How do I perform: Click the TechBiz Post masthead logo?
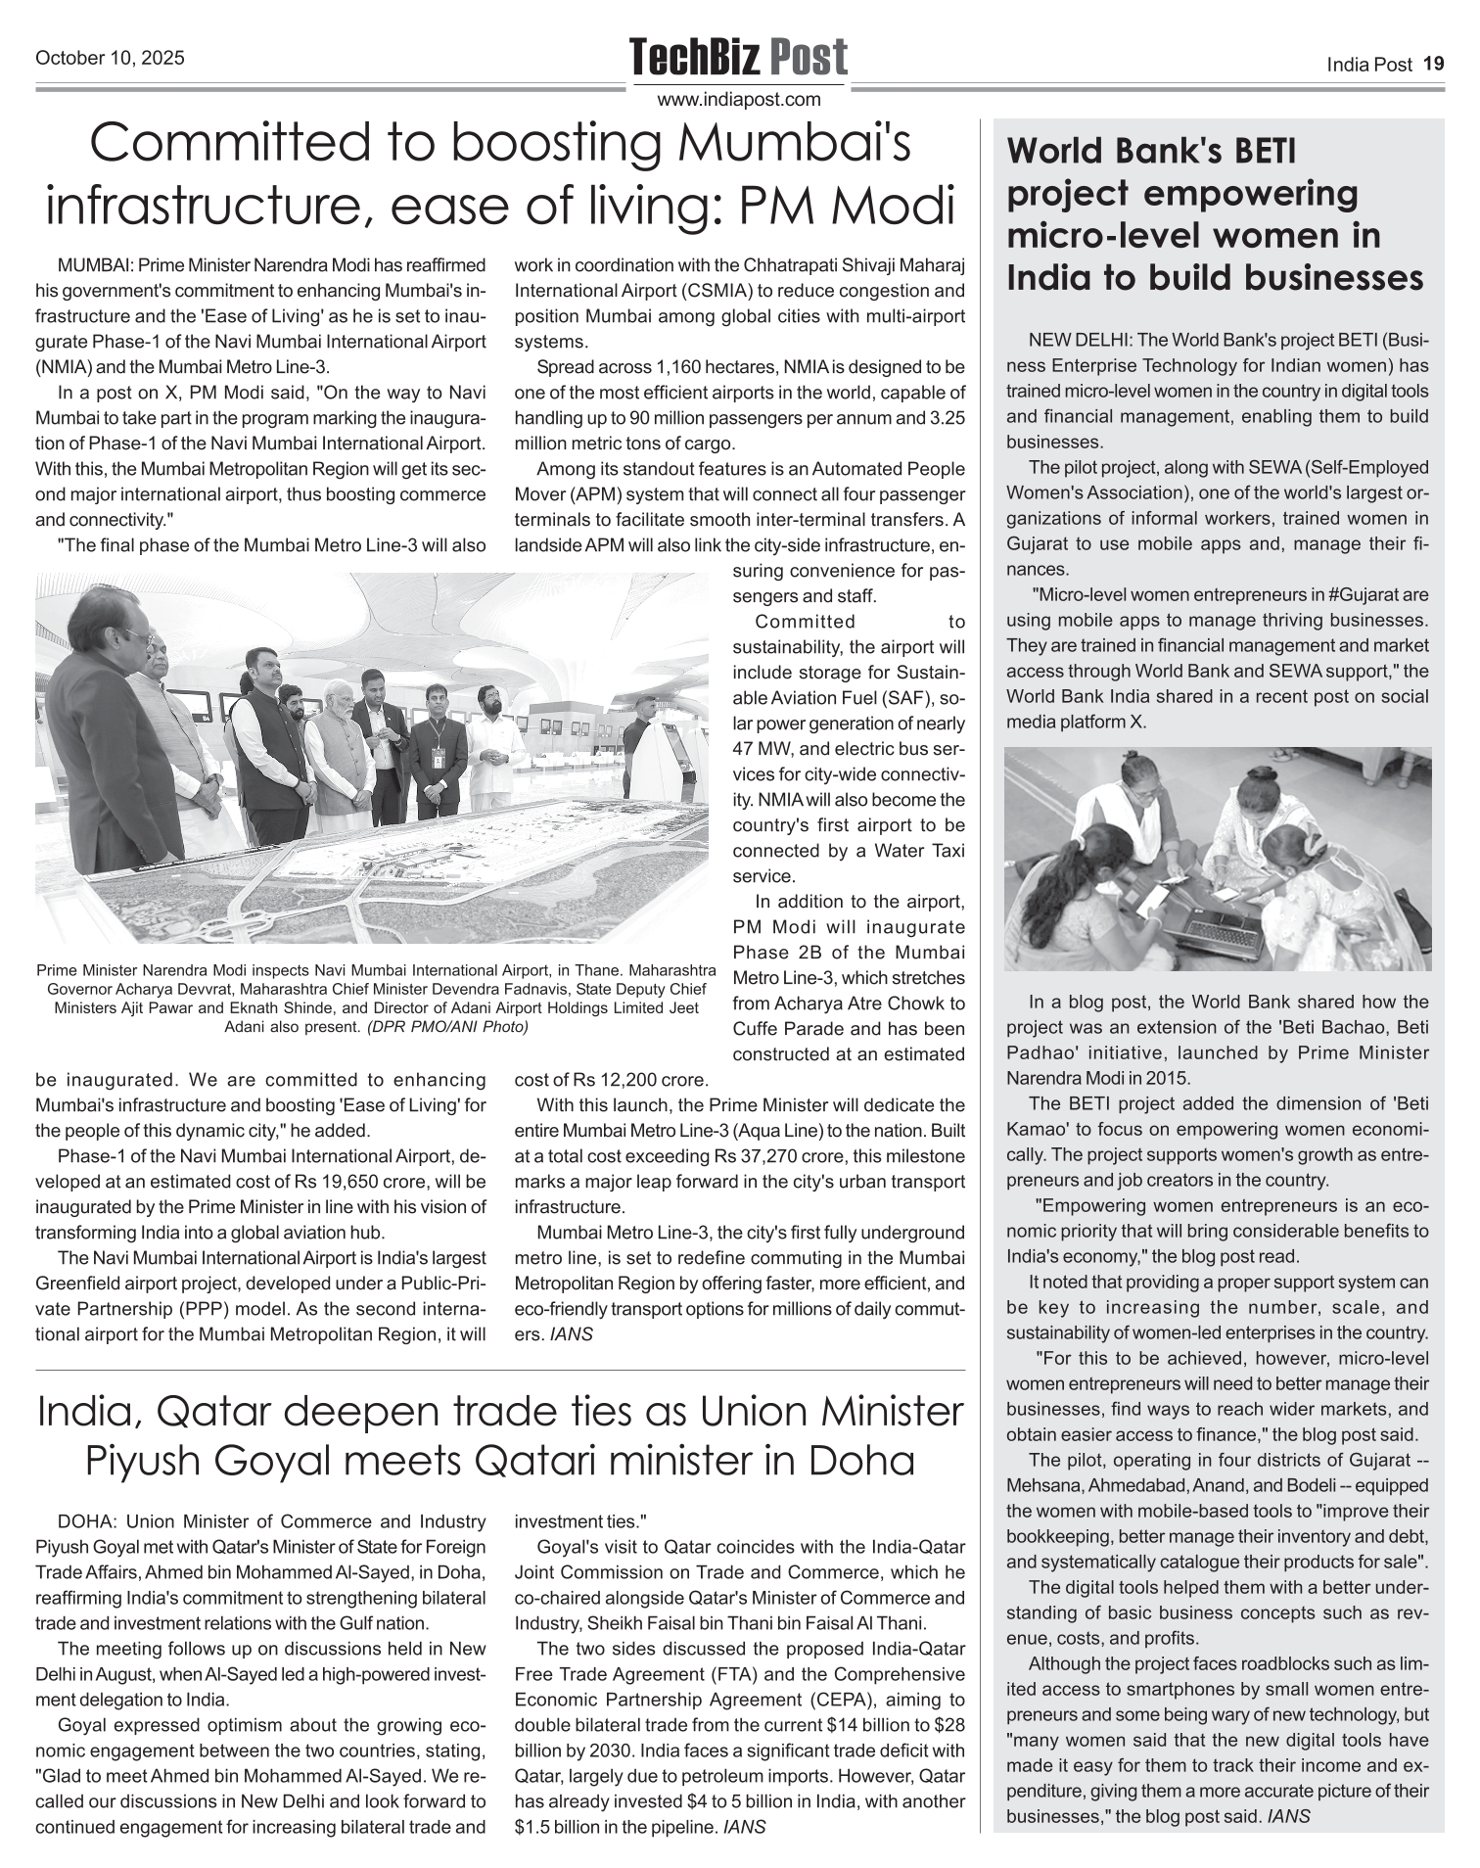(738, 57)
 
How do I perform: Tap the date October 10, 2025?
(110, 59)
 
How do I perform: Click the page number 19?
(1434, 65)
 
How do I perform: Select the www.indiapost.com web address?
(738, 99)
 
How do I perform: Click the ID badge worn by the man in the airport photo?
(438, 757)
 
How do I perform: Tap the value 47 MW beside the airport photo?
(763, 749)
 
